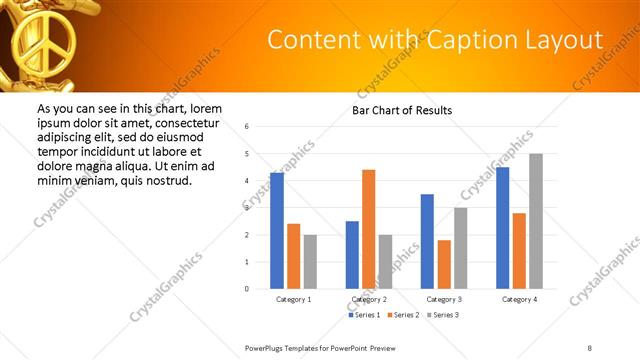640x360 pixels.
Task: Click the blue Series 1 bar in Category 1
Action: [x=277, y=231]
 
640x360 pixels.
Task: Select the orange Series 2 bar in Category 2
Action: [x=368, y=229]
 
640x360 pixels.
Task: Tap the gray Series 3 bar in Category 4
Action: [x=536, y=221]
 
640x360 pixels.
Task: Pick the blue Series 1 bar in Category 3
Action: [x=427, y=241]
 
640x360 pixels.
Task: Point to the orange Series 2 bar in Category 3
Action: [x=444, y=264]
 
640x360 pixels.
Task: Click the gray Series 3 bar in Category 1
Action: [x=310, y=262]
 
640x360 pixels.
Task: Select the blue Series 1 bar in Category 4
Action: [x=503, y=228]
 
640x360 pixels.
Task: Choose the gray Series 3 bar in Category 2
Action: [x=385, y=262]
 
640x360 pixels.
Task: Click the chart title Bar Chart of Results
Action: [x=402, y=110]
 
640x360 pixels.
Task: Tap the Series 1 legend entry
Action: [x=364, y=315]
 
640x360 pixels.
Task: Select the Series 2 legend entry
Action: [x=402, y=315]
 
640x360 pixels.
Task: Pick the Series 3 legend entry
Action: [x=440, y=315]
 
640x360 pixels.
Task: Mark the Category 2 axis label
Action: [x=369, y=299]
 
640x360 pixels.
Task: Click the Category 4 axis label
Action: [x=519, y=299]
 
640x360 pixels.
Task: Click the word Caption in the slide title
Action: [x=473, y=40]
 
